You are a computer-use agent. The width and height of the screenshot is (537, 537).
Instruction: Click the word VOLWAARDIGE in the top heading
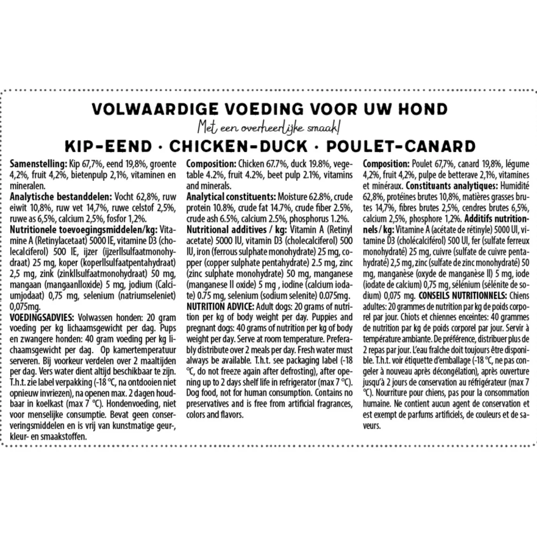point(155,109)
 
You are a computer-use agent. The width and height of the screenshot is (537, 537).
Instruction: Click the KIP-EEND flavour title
point(109,146)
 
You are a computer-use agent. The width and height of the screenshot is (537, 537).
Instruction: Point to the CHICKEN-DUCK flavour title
point(238,146)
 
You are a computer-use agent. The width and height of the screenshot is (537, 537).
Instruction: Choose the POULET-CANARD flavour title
point(401,146)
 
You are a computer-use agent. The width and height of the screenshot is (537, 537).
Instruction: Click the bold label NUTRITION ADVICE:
point(220,307)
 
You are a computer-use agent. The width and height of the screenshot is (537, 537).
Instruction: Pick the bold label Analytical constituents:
point(231,197)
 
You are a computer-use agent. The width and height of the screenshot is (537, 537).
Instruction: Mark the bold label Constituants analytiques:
point(452,186)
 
